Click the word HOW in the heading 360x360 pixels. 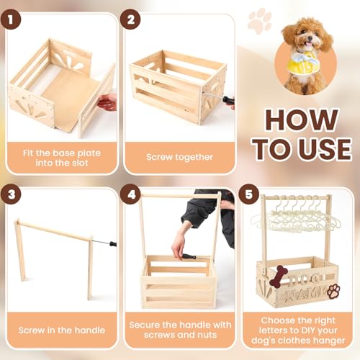click(300, 119)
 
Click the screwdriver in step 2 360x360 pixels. click(223, 98)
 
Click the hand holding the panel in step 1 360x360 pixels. click(107, 102)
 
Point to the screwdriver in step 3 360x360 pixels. click(107, 244)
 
